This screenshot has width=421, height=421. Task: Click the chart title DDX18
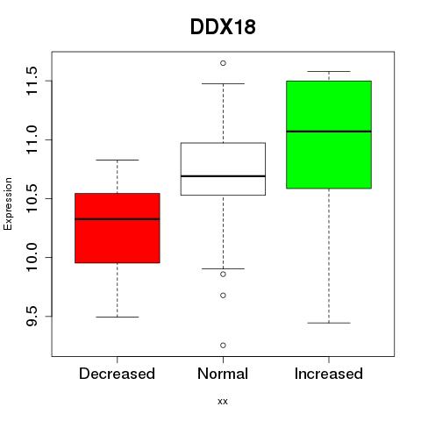223,27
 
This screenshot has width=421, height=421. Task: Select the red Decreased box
118,228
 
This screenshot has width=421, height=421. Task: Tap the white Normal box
223,169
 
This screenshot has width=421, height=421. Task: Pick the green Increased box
329,134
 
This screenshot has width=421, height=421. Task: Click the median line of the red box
118,219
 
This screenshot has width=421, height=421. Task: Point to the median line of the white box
223,176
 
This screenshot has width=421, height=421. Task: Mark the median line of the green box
329,132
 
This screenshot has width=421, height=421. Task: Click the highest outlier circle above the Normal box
223,63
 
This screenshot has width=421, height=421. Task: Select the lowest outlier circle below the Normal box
223,346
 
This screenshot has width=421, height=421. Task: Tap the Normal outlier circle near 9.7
223,296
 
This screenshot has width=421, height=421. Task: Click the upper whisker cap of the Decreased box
118,161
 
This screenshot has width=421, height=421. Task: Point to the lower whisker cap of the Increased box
329,323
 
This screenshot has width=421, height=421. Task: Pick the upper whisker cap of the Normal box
223,84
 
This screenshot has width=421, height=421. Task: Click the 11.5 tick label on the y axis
32,81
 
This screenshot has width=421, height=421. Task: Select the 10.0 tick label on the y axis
32,257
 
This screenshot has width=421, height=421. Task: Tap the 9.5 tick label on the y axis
32,317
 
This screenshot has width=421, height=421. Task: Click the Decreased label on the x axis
117,374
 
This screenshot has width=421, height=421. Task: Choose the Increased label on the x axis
329,374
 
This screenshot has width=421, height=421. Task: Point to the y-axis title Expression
8,203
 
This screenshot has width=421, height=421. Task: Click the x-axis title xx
223,402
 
